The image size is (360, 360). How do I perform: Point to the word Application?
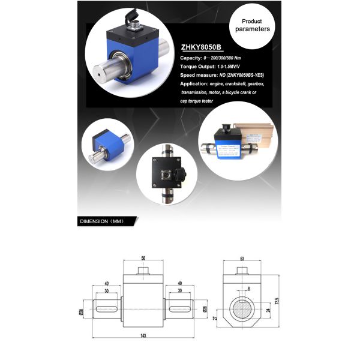pyautogui.click(x=195, y=84)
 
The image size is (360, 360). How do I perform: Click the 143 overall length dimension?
pyautogui.click(x=143, y=335)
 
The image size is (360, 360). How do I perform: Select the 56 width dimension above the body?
pyautogui.click(x=143, y=257)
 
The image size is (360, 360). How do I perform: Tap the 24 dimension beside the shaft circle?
pyautogui.click(x=267, y=311)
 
